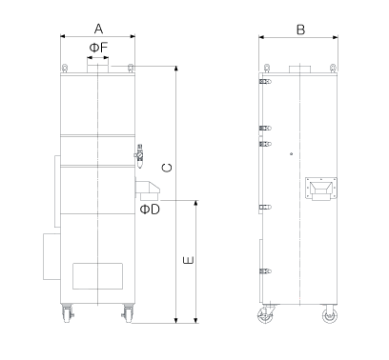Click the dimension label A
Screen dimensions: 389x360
point(98,29)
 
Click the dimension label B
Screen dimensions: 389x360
point(300,30)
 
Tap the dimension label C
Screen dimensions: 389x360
point(167,168)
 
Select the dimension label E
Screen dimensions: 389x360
point(189,260)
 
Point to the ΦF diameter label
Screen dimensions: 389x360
point(98,48)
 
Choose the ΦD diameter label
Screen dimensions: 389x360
point(150,210)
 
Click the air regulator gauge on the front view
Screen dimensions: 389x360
point(139,156)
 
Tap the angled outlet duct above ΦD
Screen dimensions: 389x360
point(148,190)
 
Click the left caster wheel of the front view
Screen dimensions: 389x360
point(68,314)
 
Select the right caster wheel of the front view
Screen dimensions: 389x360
point(128,314)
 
